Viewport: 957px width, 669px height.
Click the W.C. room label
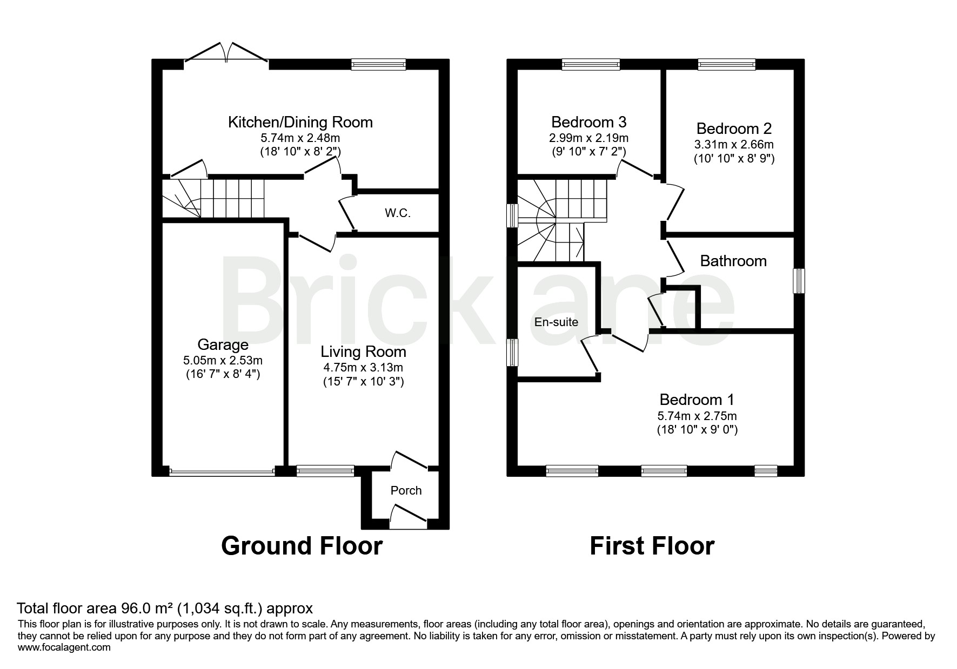coord(397,213)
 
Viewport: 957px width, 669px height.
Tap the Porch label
coord(406,490)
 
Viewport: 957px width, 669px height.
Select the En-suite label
coord(556,322)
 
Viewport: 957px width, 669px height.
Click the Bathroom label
coord(733,261)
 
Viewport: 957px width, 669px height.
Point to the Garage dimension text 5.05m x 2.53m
coord(223,360)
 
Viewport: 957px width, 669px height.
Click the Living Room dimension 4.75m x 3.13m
coord(363,368)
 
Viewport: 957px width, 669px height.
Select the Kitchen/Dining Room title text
coord(300,122)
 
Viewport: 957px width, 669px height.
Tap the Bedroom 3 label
coord(588,121)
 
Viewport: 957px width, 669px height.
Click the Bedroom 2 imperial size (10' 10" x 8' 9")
coord(734,159)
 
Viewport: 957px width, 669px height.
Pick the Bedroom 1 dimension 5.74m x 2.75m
coord(697,416)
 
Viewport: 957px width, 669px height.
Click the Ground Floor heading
coord(302,546)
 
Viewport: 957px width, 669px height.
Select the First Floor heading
coord(652,546)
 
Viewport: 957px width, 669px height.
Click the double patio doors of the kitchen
coord(227,54)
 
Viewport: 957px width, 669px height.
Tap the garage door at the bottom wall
coord(222,472)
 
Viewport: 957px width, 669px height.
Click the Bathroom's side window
coord(799,281)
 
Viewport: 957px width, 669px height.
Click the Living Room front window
coord(325,471)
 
